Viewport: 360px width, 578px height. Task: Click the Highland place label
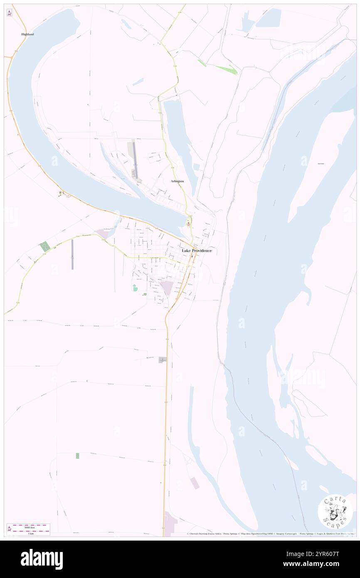pyautogui.click(x=27, y=34)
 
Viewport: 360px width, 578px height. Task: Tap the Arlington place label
pyautogui.click(x=177, y=181)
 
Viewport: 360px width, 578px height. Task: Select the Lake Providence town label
pyautogui.click(x=197, y=251)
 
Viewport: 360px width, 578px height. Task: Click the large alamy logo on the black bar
pyautogui.click(x=42, y=559)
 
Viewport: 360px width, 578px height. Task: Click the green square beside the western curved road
pyautogui.click(x=45, y=246)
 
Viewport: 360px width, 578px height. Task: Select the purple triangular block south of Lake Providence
pyautogui.click(x=167, y=287)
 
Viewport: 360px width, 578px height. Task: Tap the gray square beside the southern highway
pyautogui.click(x=163, y=360)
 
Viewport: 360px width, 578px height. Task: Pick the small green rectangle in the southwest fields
pyautogui.click(x=77, y=456)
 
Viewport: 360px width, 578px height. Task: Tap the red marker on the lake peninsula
pyautogui.click(x=189, y=224)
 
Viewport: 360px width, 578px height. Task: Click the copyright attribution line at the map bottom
pyautogui.click(x=270, y=534)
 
